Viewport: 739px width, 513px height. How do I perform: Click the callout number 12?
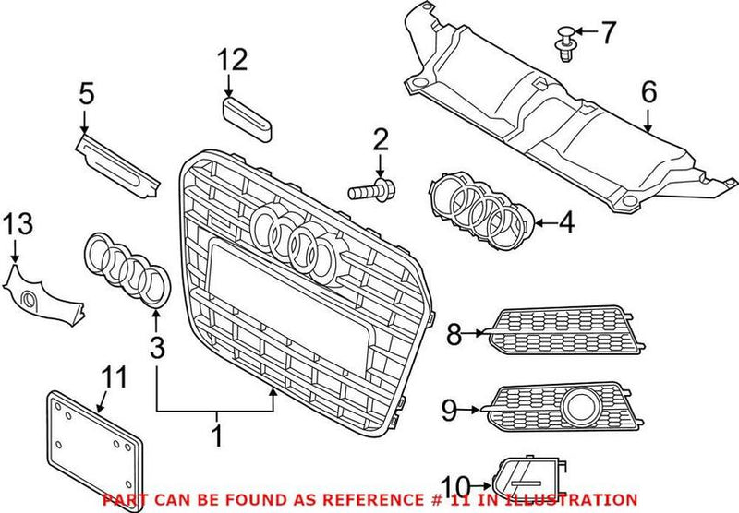click(234, 61)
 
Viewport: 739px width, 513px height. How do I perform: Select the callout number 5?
click(86, 94)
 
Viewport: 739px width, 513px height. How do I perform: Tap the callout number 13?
click(17, 223)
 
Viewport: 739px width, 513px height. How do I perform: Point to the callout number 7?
click(607, 34)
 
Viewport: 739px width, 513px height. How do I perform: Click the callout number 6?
click(648, 92)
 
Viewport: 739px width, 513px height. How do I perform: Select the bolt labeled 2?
click(369, 192)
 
